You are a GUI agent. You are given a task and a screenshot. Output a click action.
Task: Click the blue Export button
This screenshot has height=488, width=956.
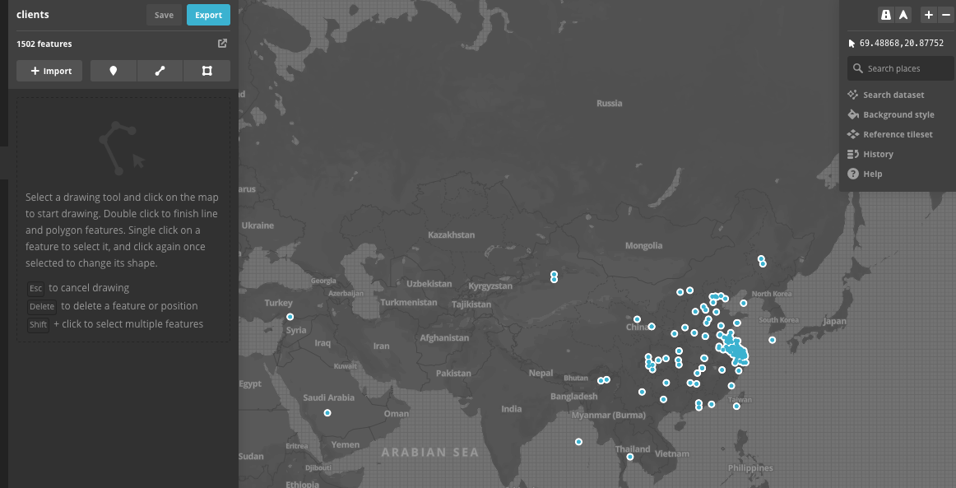pyautogui.click(x=208, y=15)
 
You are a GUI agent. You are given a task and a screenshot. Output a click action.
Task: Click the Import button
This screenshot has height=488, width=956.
pyautogui.click(x=51, y=71)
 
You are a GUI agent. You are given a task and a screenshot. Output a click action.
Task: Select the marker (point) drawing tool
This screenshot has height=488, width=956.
pyautogui.click(x=114, y=71)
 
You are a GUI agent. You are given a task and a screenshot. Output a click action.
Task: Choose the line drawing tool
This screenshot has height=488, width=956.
pyautogui.click(x=160, y=71)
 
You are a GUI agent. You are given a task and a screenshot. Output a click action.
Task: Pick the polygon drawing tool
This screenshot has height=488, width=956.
pyautogui.click(x=207, y=71)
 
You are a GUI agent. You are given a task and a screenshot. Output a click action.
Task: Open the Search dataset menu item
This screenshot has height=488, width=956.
pyautogui.click(x=893, y=95)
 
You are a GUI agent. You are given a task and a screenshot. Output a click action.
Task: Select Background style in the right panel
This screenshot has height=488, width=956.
pyautogui.click(x=898, y=114)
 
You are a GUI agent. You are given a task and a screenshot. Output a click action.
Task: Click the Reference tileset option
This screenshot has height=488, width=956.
pyautogui.click(x=897, y=134)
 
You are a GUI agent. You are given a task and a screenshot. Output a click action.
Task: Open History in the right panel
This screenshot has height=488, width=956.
pyautogui.click(x=877, y=154)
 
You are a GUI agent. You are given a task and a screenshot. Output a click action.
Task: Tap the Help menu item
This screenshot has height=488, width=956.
pyautogui.click(x=872, y=174)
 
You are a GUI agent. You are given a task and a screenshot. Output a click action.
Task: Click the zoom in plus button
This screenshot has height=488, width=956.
pyautogui.click(x=928, y=15)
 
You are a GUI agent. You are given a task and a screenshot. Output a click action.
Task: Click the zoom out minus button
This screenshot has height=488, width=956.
pyautogui.click(x=945, y=15)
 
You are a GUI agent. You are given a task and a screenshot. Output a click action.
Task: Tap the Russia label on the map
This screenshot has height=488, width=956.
pyautogui.click(x=610, y=104)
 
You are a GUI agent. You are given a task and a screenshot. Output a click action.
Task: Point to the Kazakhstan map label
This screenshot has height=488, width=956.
pyautogui.click(x=451, y=235)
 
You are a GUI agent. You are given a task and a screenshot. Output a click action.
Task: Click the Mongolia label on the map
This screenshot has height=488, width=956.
pyautogui.click(x=643, y=245)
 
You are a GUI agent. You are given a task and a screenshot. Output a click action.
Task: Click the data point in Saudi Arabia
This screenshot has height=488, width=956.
pyautogui.click(x=327, y=413)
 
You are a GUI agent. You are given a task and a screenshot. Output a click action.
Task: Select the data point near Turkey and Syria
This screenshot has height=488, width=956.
pyautogui.click(x=290, y=317)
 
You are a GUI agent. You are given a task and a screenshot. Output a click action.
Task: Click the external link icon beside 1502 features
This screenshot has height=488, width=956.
pyautogui.click(x=222, y=44)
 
